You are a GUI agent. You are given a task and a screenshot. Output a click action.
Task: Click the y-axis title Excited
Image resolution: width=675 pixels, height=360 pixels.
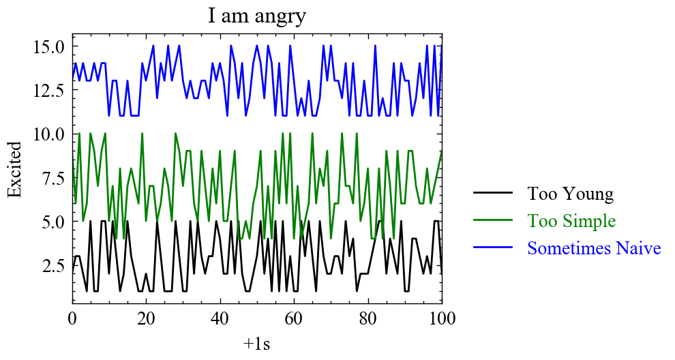(x=15, y=169)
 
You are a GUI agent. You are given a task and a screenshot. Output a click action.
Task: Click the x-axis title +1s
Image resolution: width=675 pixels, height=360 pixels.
(x=257, y=344)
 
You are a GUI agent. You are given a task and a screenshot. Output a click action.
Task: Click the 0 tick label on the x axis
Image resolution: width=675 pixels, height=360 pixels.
(x=72, y=318)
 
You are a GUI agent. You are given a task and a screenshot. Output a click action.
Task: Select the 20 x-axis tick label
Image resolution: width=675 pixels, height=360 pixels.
(x=146, y=318)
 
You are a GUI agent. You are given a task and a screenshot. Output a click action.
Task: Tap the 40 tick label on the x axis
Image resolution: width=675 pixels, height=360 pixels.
(x=220, y=318)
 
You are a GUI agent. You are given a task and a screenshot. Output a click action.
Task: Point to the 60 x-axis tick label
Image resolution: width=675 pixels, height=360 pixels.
(x=294, y=318)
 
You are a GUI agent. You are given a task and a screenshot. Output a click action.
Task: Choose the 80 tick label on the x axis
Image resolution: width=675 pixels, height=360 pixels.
(x=368, y=318)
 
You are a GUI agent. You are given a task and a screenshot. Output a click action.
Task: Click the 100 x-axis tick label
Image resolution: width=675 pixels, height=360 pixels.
(x=442, y=318)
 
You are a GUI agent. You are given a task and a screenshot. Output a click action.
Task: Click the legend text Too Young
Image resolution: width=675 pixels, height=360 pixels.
(x=570, y=194)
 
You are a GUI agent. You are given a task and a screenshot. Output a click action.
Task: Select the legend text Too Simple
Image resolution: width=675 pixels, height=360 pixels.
(x=571, y=221)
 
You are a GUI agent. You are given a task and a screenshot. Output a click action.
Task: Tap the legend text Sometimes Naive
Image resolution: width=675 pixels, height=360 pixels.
(x=594, y=248)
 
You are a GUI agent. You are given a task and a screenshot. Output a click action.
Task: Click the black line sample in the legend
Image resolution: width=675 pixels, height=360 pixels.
(x=493, y=194)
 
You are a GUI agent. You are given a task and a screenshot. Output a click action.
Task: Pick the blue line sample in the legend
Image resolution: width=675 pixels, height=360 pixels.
(x=493, y=248)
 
